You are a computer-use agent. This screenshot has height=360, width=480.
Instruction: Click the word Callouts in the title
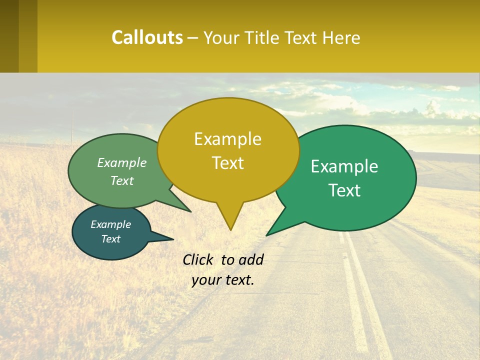(x=147, y=37)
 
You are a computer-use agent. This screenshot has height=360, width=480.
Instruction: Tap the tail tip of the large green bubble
(x=268, y=233)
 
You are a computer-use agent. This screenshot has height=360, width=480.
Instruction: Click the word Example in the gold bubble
(x=227, y=139)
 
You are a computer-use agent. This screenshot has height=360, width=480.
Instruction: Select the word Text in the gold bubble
(x=227, y=163)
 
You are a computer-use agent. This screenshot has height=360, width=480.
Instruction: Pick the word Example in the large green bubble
(x=344, y=166)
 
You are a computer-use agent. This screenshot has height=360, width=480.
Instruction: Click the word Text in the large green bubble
(x=344, y=190)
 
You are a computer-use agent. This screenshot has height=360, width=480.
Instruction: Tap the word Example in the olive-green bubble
(x=121, y=163)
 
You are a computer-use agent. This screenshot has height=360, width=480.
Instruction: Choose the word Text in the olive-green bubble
(x=121, y=180)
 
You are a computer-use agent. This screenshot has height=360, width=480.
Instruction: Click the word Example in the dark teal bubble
(x=110, y=224)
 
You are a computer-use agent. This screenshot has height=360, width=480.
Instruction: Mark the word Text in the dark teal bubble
(x=110, y=239)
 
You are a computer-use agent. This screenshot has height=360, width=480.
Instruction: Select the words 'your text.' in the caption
(x=222, y=280)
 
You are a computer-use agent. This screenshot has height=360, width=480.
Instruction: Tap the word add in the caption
(x=250, y=259)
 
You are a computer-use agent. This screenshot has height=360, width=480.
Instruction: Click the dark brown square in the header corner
(x=9, y=36)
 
